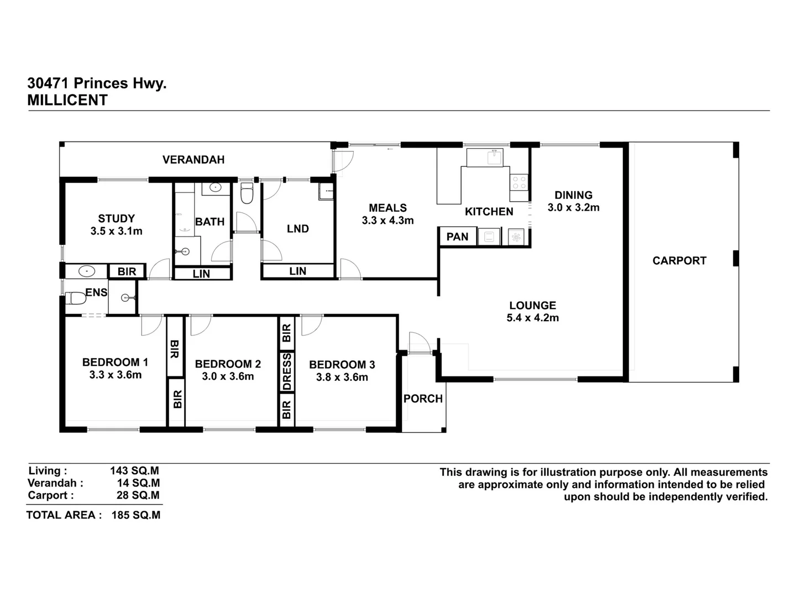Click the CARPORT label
(679, 260)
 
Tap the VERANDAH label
(193, 160)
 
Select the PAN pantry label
(457, 237)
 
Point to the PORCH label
(423, 399)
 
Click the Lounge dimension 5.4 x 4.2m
(532, 318)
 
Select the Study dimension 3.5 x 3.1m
(116, 231)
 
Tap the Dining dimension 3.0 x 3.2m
(573, 207)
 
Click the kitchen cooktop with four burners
(519, 182)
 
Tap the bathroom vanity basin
(214, 188)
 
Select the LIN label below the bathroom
(201, 274)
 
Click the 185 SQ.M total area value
(136, 515)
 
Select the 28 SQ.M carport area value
(138, 495)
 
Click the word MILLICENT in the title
(67, 100)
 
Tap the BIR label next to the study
(127, 271)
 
